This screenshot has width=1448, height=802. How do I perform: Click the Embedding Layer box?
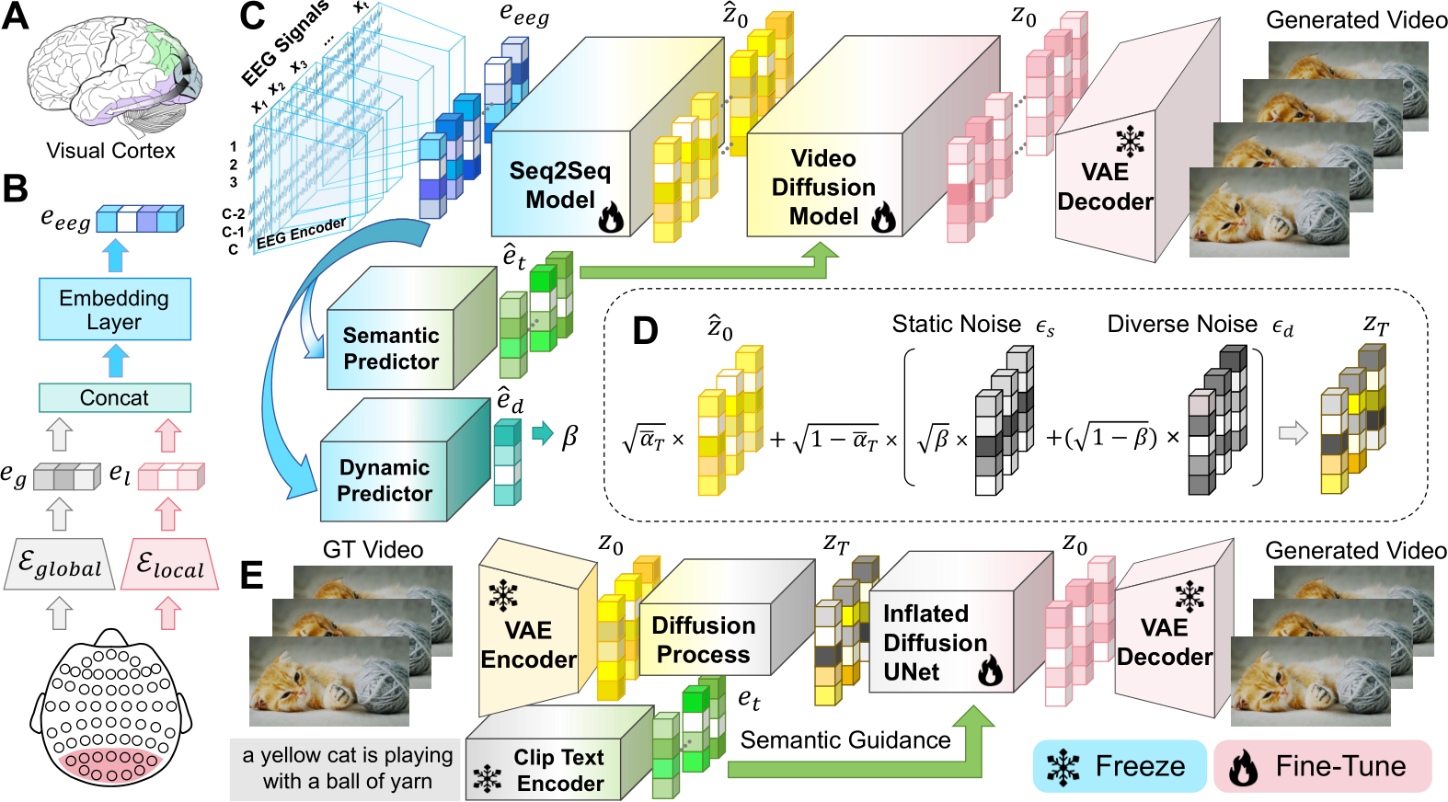pos(115,310)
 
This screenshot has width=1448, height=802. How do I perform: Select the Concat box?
pos(115,397)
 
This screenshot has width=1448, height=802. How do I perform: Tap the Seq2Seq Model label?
pos(560,185)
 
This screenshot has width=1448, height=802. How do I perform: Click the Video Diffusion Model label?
pos(823,188)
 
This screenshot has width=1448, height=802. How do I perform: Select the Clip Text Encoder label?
pos(560,770)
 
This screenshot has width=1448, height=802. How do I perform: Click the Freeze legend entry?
pos(1120,766)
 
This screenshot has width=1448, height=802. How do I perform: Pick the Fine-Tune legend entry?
pos(1323,766)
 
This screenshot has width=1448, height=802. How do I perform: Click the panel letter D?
pos(645,330)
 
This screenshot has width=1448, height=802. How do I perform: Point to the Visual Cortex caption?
pos(110,151)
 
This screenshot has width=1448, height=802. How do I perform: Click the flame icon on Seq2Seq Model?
pos(610,217)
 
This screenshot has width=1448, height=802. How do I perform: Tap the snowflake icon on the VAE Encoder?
pos(503,595)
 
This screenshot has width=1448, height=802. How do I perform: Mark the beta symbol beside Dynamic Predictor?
pos(569,438)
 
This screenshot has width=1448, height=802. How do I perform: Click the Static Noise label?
pos(957,324)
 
